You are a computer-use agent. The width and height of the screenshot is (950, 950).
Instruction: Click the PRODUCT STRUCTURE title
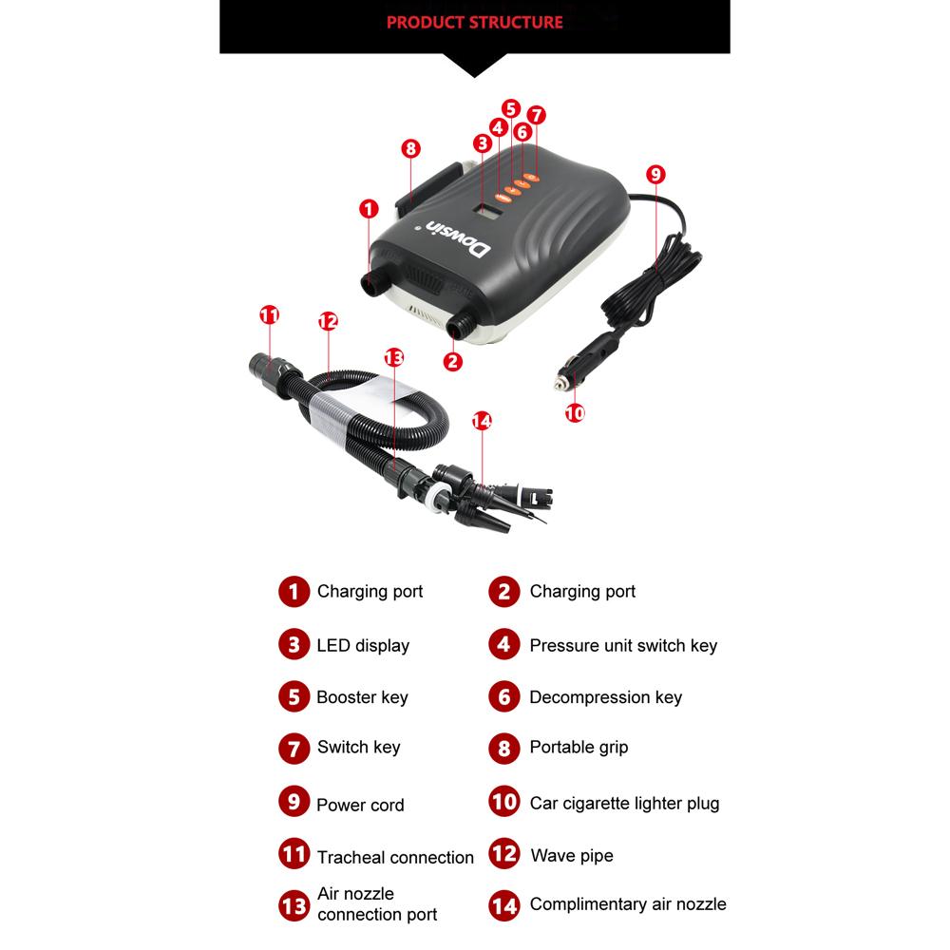point(475,22)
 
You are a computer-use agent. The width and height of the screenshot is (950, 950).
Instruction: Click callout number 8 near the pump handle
point(410,148)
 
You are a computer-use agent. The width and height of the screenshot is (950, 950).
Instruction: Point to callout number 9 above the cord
point(655,174)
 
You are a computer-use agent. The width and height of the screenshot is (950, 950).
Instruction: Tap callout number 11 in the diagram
point(270,314)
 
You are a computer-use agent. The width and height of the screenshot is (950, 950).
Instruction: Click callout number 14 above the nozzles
point(482,421)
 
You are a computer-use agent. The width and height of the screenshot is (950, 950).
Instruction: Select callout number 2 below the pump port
point(453,361)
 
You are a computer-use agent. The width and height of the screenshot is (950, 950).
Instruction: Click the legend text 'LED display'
point(363,646)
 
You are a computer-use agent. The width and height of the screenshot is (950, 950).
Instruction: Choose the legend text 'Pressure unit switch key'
point(623,646)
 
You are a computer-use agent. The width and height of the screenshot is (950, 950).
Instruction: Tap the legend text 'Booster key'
point(362,697)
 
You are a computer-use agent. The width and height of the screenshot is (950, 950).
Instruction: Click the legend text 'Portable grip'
point(579,748)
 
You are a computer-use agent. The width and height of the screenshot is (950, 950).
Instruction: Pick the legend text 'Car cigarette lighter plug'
point(624,804)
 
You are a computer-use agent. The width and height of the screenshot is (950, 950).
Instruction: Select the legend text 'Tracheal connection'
point(395,858)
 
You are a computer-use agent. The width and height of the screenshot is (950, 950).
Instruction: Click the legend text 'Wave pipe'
point(572,856)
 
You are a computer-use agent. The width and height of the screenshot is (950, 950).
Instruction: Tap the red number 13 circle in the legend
point(294,904)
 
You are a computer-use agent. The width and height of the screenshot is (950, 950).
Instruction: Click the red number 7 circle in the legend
point(294,748)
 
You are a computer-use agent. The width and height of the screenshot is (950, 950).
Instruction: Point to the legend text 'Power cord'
point(360,806)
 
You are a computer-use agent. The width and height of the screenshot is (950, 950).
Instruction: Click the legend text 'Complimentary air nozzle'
point(628,904)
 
